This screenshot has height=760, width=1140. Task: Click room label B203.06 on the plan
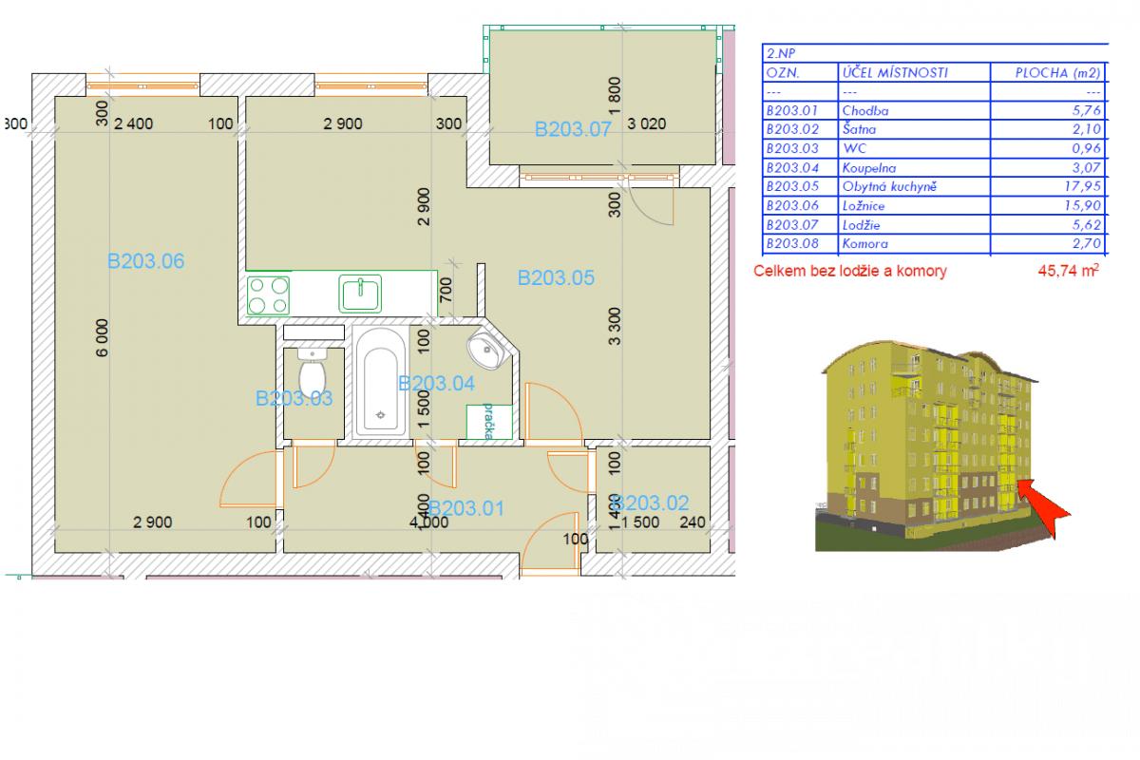pos(145,261)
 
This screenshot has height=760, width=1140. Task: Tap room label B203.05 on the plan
pos(556,277)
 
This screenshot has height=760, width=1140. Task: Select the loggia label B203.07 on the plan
pos(573,130)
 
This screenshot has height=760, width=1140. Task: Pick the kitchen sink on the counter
pos(360,294)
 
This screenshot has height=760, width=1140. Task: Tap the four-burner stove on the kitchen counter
pos(269,294)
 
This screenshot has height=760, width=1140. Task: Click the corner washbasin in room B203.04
pos(489,350)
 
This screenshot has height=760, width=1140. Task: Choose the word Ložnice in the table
pos(865,205)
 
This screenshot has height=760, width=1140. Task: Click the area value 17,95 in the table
pos(1082,186)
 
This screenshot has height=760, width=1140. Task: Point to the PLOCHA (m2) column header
pos(1047,73)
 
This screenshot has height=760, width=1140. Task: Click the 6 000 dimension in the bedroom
pos(103,336)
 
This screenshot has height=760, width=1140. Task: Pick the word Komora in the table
pos(864,243)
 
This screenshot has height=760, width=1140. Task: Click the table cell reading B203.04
pos(791,167)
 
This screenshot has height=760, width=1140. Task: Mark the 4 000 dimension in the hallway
pos(428,522)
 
